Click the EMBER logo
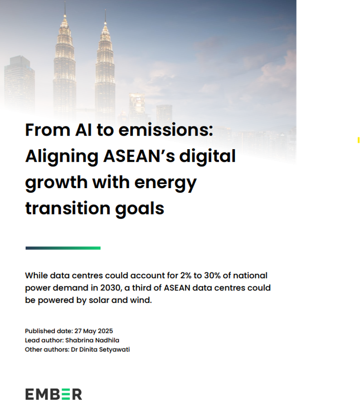54,394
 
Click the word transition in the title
68,208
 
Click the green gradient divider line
63,248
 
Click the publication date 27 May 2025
94,331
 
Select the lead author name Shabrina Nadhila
92,340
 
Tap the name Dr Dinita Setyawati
100,349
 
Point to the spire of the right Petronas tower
106,17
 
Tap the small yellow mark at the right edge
359,140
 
